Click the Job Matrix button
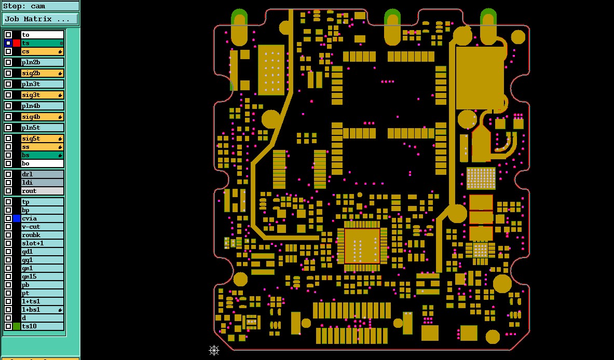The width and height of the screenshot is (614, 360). pyautogui.click(x=40, y=19)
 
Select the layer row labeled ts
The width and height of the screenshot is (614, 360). pyautogui.click(x=42, y=43)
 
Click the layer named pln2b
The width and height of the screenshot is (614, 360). pyautogui.click(x=42, y=62)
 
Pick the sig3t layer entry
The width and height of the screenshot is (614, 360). pyautogui.click(x=42, y=95)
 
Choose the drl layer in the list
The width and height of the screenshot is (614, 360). pyautogui.click(x=42, y=174)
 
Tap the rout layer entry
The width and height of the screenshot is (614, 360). pyautogui.click(x=42, y=191)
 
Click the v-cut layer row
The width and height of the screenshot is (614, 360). pyautogui.click(x=42, y=227)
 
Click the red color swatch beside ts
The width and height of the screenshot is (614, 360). pyautogui.click(x=17, y=43)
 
